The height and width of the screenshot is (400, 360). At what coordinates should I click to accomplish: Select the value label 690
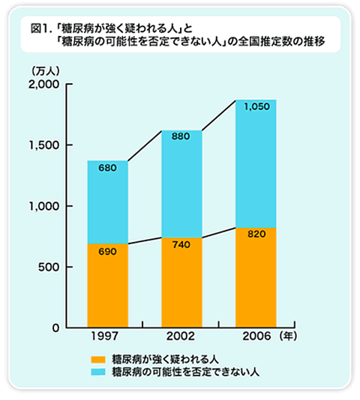coord(107,252)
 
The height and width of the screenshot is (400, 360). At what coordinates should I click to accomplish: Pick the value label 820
coord(255,234)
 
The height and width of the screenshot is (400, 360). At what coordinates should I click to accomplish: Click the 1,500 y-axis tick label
coord(42,145)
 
